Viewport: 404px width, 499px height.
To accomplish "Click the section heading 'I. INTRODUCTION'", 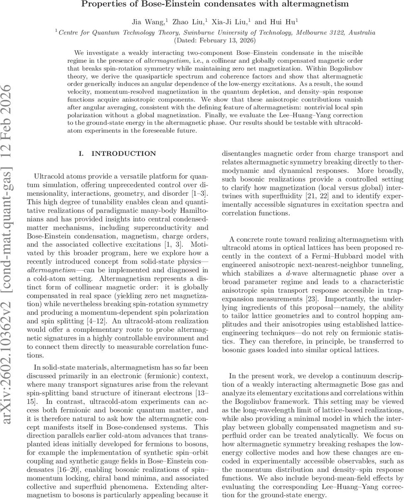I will pyautogui.click(x=117, y=154).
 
